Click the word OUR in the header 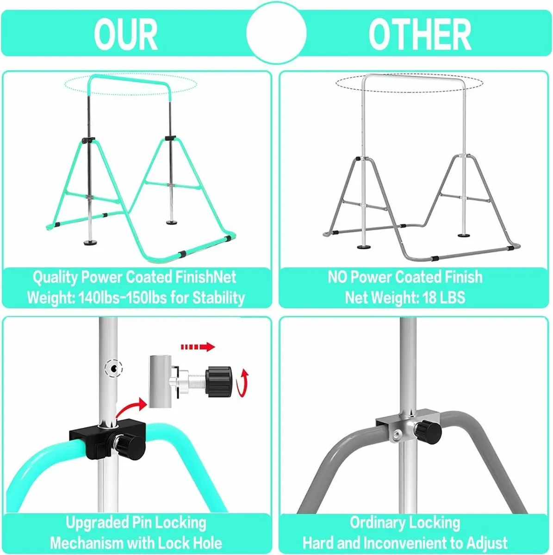126,34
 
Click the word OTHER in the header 420,34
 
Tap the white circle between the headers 276,33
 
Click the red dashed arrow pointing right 198,347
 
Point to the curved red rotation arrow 242,383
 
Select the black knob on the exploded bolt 219,382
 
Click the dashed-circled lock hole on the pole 114,368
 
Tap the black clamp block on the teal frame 107,435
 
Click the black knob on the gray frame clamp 429,431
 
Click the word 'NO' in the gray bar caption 338,277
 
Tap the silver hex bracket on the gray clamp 398,432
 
